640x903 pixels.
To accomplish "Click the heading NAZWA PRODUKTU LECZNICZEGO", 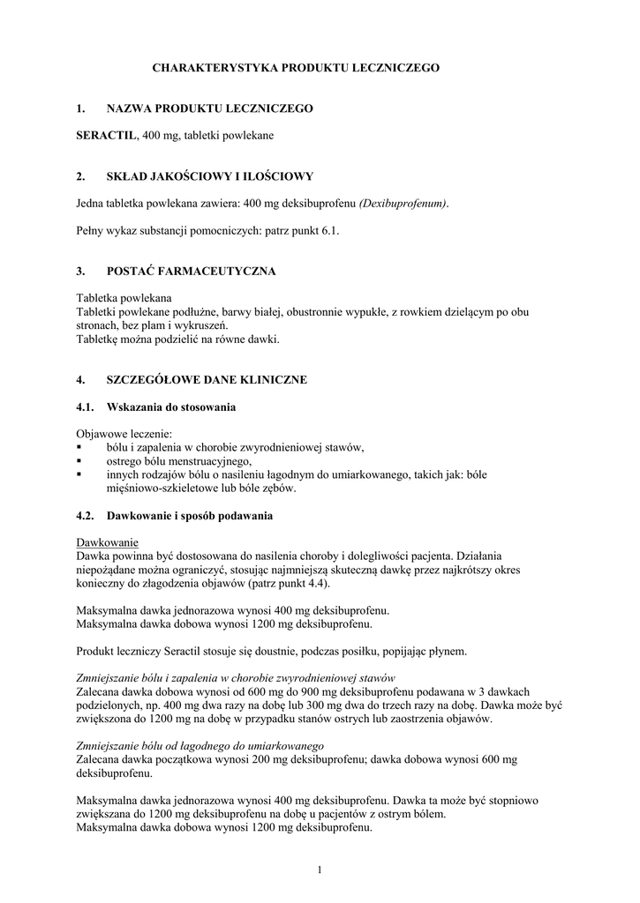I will click(x=209, y=108).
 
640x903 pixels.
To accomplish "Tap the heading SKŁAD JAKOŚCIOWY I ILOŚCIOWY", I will click(x=209, y=176).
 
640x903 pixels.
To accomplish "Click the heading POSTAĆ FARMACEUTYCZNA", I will click(x=192, y=271).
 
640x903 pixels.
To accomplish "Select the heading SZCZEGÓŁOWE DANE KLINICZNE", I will click(x=207, y=380).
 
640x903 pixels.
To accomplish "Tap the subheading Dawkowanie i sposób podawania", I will click(x=189, y=515).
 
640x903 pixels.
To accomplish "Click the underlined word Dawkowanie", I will click(x=108, y=541).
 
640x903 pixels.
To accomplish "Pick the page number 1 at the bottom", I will click(x=320, y=871).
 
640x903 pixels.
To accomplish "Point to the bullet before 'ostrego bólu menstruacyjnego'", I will click(x=79, y=461).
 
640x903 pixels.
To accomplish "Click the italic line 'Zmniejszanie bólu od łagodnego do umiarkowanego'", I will click(x=200, y=745).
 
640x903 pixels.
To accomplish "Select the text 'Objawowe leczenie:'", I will click(x=124, y=434).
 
